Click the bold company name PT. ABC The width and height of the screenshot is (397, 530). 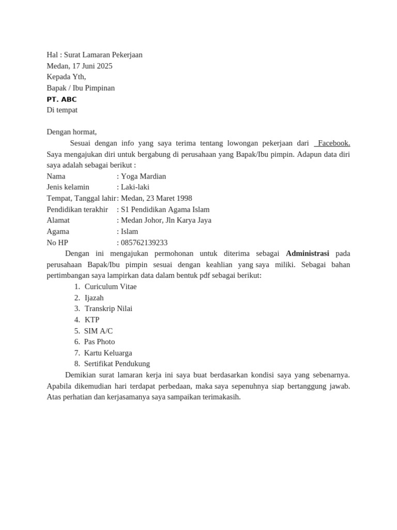tap(62, 99)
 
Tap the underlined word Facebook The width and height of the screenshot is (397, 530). tap(334, 143)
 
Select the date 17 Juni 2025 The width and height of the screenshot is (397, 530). tap(93, 66)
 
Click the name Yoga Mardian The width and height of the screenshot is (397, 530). tap(143, 176)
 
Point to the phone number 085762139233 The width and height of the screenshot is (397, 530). tap(144, 242)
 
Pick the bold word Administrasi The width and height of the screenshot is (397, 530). tap(307, 253)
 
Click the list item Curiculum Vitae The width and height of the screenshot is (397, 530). tap(111, 286)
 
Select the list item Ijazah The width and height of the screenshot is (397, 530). tap(94, 298)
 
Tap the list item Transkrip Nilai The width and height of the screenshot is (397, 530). tap(109, 308)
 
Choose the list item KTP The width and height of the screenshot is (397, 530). tap(92, 320)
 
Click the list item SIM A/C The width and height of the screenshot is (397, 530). tap(98, 331)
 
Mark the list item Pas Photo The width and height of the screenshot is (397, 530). tap(100, 342)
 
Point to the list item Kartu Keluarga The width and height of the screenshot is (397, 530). tap(108, 353)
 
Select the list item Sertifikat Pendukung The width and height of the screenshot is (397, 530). tap(117, 364)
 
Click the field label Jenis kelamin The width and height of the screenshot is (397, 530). tap(68, 187)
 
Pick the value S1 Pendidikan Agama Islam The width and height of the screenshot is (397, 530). tap(165, 209)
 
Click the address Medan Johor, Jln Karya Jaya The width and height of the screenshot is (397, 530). tap(166, 220)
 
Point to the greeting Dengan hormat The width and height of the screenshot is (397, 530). tap(71, 132)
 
